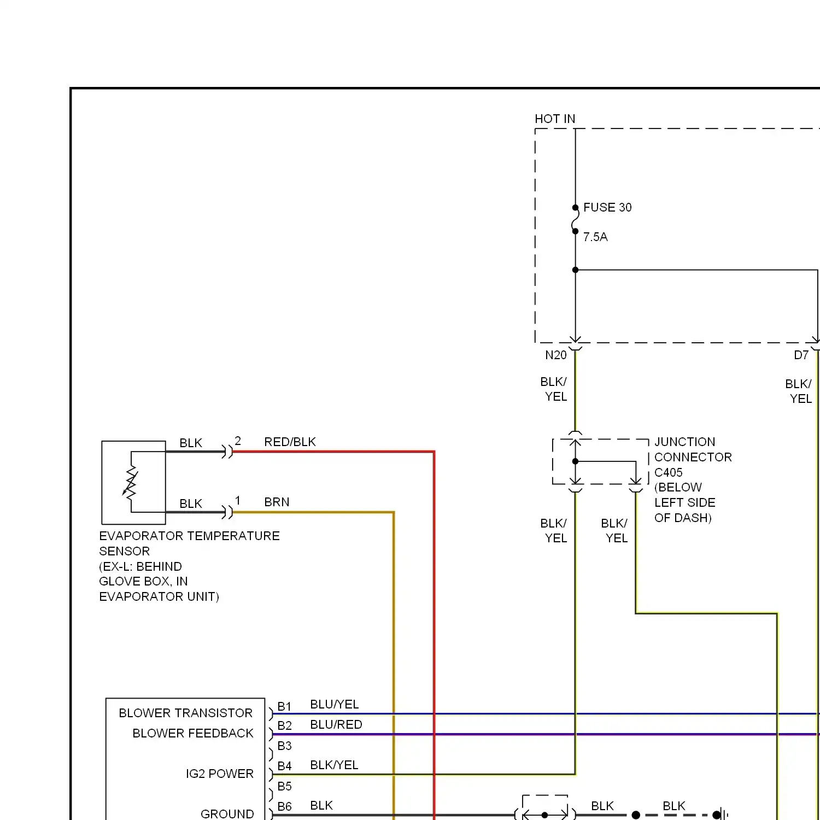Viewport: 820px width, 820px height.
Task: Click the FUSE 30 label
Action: (x=607, y=208)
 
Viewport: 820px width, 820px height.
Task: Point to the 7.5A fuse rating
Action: (x=595, y=237)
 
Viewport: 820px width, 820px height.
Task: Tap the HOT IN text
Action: (x=554, y=119)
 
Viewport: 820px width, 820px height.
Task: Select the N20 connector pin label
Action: (x=555, y=355)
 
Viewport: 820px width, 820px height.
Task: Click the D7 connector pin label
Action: (x=801, y=355)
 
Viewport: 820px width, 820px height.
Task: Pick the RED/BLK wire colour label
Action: (x=290, y=442)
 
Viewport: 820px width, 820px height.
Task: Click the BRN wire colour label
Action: (x=277, y=502)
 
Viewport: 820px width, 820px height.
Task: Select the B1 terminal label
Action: (x=284, y=706)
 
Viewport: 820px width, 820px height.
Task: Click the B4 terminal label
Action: (x=284, y=766)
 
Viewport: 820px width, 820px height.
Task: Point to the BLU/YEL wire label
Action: (x=334, y=704)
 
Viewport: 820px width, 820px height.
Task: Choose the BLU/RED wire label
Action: (x=336, y=724)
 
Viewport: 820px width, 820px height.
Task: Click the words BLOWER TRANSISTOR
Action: (x=185, y=713)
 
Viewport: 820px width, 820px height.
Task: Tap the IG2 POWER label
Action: (x=219, y=774)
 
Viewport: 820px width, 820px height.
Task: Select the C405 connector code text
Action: (x=668, y=472)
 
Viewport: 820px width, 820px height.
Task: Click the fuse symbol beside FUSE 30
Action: (x=575, y=219)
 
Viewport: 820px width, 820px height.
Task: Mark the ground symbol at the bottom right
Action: (x=723, y=815)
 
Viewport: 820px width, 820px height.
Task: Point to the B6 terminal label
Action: (x=284, y=806)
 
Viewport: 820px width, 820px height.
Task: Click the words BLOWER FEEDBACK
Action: (x=192, y=733)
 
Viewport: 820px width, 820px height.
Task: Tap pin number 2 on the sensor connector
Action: (x=238, y=441)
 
